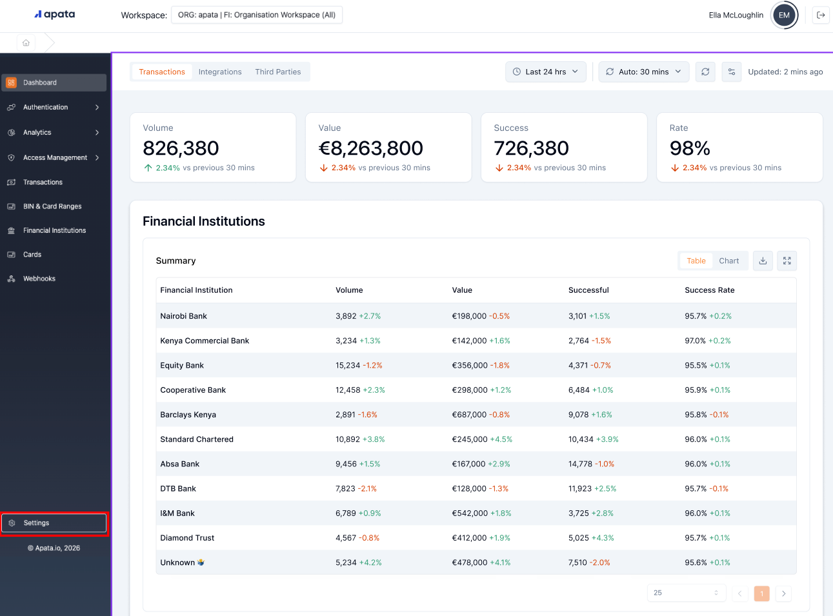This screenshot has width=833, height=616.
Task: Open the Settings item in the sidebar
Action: (x=54, y=523)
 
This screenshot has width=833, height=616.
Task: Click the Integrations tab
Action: (x=220, y=72)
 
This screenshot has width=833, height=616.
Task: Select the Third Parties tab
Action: (x=277, y=72)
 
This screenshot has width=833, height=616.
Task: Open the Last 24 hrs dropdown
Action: (x=545, y=72)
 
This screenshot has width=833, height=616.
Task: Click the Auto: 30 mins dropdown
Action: (x=643, y=72)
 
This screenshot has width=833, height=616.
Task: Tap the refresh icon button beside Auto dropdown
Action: (x=705, y=72)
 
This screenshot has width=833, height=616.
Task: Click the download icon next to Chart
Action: (x=763, y=261)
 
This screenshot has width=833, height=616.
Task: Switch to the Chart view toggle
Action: (x=728, y=261)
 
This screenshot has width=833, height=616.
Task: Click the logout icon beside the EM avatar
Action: (x=821, y=15)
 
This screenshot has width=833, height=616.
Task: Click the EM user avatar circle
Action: (x=784, y=15)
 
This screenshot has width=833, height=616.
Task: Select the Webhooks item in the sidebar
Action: (x=39, y=279)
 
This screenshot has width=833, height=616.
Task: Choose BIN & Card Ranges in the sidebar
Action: (x=52, y=206)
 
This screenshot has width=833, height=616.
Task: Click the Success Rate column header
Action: (x=709, y=290)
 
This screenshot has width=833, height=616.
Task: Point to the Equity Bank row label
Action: (x=182, y=365)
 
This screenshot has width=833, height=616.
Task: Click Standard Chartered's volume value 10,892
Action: (x=348, y=439)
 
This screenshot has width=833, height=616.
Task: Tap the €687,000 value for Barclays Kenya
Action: (x=469, y=415)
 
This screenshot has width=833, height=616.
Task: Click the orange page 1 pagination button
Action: (x=761, y=593)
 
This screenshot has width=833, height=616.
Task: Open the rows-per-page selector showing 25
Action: (x=686, y=593)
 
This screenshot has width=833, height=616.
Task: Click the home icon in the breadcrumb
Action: (x=26, y=43)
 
